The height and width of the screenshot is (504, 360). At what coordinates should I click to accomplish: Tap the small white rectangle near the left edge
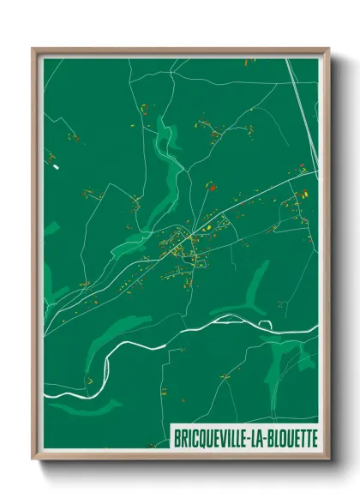pos(56,167)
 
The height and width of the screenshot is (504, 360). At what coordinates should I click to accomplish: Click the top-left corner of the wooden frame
pos(33,49)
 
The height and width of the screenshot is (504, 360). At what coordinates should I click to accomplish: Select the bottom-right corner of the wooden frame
pos(329,460)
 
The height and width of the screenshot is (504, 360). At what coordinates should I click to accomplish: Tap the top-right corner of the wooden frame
pos(329,49)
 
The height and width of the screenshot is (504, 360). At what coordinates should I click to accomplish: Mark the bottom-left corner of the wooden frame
pos(33,460)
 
